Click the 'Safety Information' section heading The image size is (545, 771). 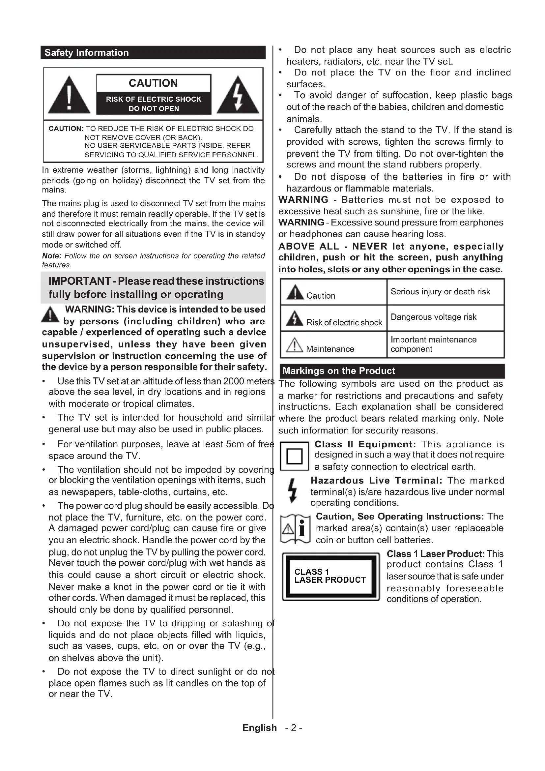87,53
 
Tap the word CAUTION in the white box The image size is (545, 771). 153,83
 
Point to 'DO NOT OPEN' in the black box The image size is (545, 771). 154,108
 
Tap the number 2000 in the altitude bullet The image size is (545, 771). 234,381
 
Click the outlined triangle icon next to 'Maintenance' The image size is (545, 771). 294,345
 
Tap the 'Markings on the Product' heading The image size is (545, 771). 339,371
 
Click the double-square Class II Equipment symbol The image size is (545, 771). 294,456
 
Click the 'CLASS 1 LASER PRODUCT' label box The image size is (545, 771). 330,576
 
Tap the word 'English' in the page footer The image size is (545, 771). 259,728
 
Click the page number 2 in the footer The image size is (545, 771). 294,728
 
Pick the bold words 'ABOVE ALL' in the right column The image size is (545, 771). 309,246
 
